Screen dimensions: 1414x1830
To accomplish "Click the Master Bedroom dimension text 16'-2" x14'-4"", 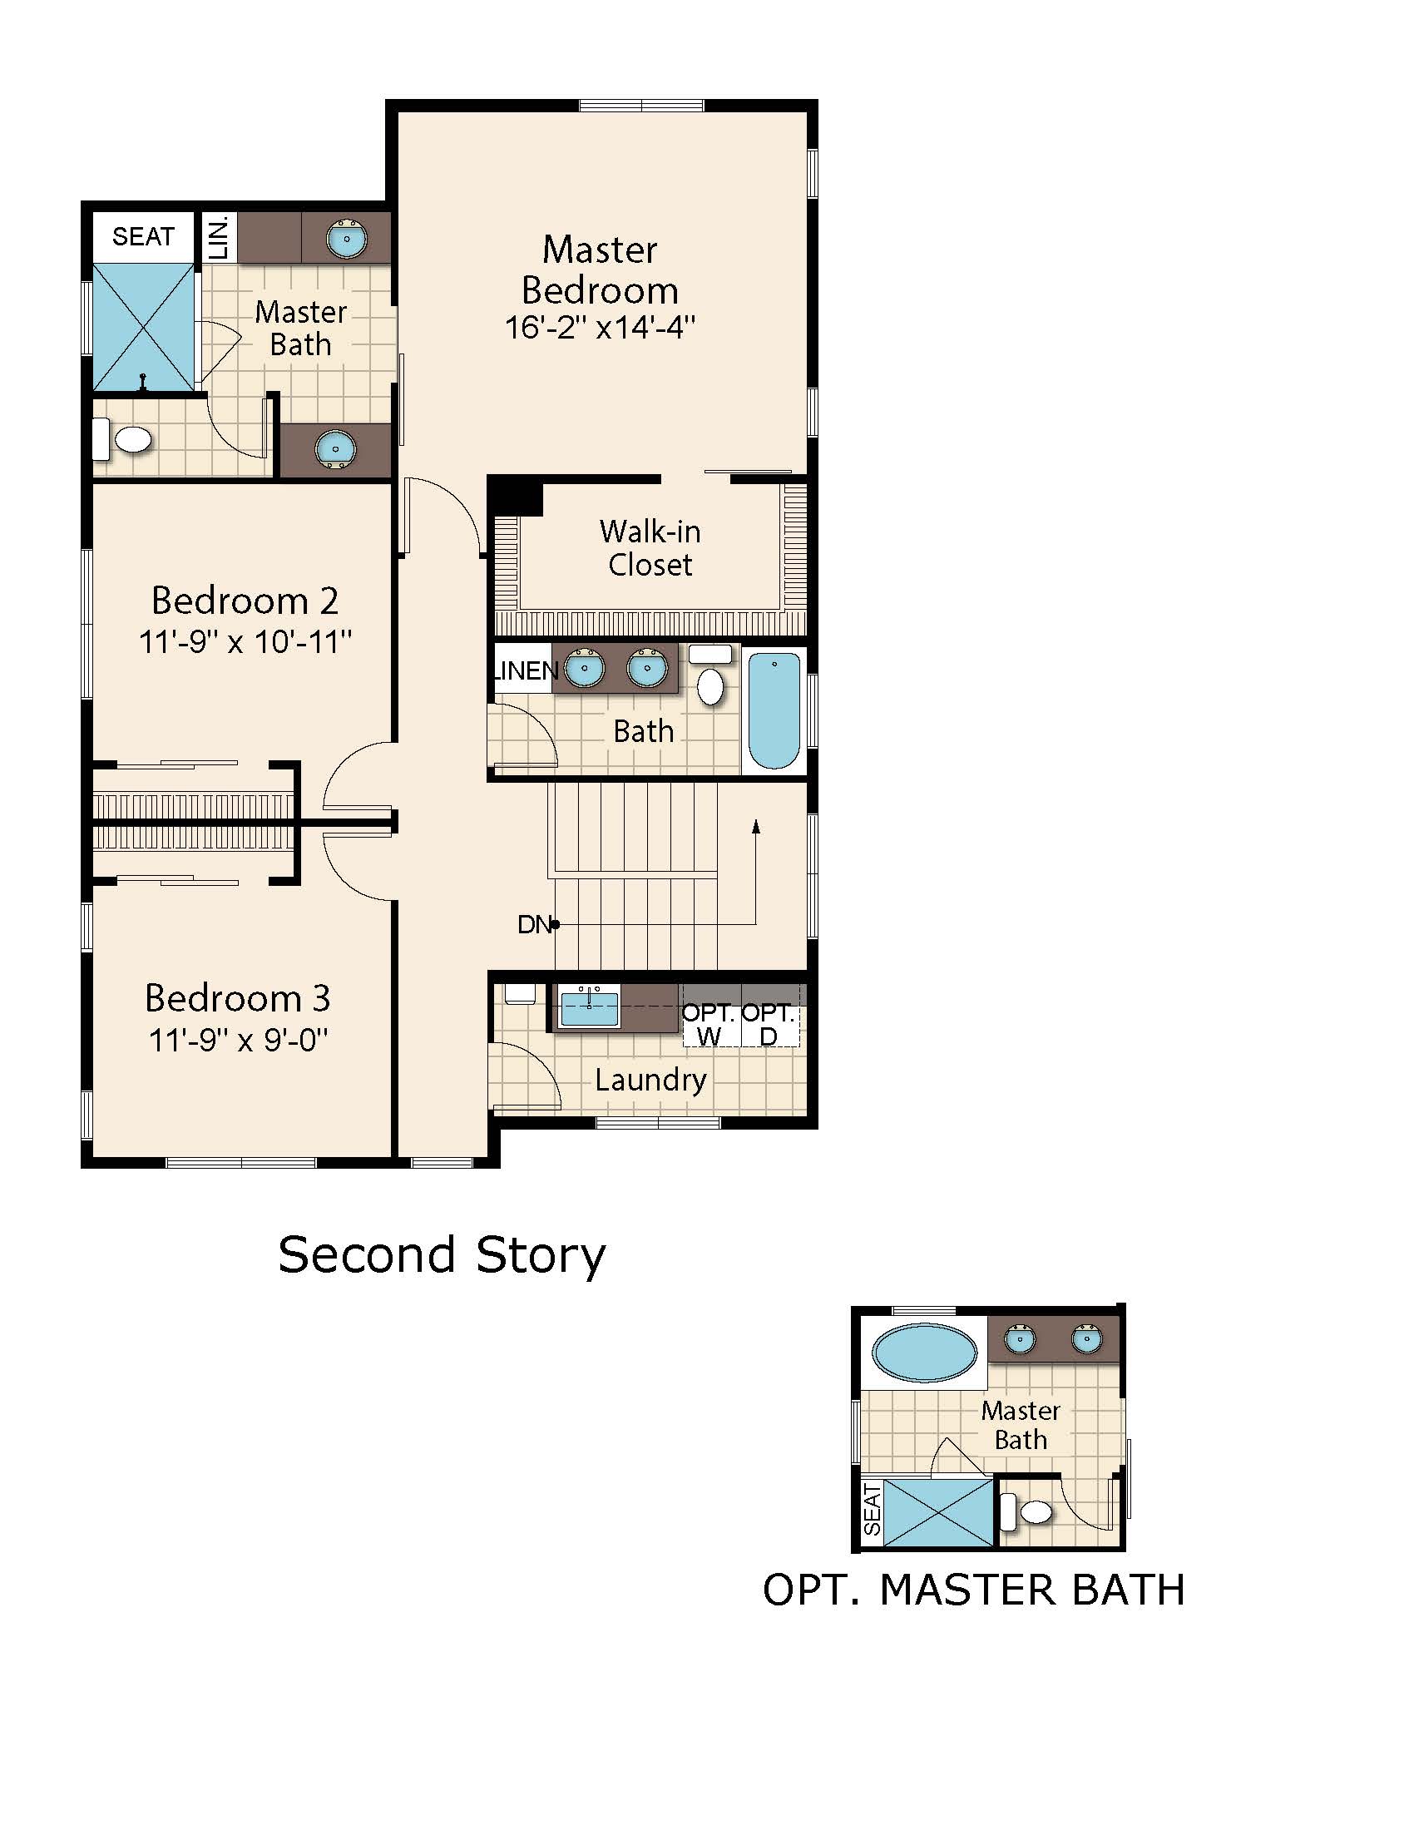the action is (600, 327).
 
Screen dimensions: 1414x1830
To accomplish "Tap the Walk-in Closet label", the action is (650, 548).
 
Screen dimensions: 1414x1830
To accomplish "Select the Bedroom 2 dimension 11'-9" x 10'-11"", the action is (245, 642).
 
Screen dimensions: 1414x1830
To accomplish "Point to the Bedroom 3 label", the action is (237, 997).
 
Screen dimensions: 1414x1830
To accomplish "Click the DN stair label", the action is (535, 924).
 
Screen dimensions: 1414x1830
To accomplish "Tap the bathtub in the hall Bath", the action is (774, 710).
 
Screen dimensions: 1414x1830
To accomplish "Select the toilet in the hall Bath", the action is (710, 677).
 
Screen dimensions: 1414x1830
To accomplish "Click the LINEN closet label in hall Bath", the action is (525, 670).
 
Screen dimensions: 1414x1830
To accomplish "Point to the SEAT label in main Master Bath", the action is (143, 237).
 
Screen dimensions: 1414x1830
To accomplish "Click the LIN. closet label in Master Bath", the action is (219, 238).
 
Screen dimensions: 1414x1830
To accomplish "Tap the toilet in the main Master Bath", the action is (122, 439).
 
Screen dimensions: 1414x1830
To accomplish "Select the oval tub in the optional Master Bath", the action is (924, 1353).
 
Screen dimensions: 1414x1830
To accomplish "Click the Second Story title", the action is (442, 1255).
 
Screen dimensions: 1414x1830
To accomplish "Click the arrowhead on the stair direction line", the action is (755, 827).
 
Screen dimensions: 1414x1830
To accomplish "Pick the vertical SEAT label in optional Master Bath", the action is (872, 1508).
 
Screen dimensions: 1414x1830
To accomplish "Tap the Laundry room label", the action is (651, 1080).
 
